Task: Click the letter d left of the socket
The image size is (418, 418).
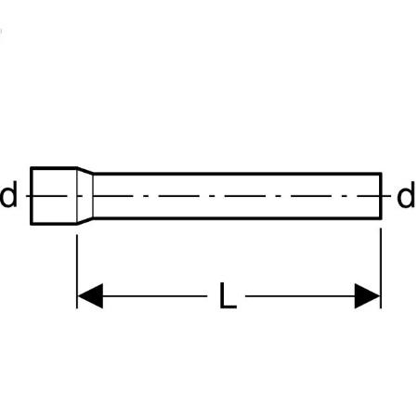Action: pos(8,194)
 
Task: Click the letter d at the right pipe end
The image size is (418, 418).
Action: pos(406,194)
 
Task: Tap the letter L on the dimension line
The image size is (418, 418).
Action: pos(228,295)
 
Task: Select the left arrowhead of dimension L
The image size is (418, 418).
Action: pos(90,296)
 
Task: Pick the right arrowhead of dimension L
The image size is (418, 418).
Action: pos(368,296)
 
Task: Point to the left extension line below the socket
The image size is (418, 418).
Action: pos(77,271)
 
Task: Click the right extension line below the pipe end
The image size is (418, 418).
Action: pos(381,268)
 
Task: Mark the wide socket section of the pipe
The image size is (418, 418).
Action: pos(54,195)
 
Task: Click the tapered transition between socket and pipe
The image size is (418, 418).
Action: pos(85,195)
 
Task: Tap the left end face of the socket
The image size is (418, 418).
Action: pos(32,195)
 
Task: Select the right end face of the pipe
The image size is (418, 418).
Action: pos(381,196)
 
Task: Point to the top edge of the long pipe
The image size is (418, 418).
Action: pos(238,174)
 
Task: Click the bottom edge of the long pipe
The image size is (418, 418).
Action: pos(238,218)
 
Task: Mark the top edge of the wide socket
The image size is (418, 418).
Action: pos(54,168)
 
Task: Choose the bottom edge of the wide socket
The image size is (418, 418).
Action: pos(54,223)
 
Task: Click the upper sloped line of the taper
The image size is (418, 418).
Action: pos(85,171)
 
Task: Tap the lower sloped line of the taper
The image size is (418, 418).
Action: pos(85,220)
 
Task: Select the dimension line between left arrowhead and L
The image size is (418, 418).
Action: pos(155,296)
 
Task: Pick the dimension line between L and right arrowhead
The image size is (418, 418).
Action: pos(300,296)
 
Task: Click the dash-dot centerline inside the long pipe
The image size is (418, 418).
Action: pos(237,196)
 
